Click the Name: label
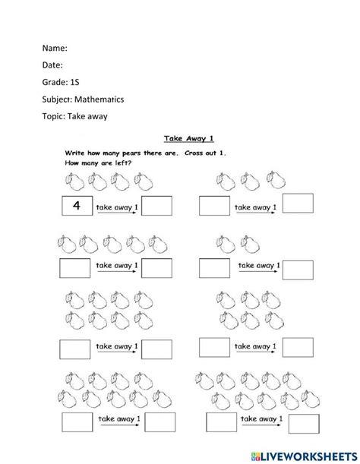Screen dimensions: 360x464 point(55,48)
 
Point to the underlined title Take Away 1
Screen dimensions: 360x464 point(187,139)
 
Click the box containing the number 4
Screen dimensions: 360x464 point(76,205)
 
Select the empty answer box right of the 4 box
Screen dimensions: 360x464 point(157,205)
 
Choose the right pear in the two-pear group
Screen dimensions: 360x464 point(248,244)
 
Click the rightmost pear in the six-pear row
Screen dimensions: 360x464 point(163,244)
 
